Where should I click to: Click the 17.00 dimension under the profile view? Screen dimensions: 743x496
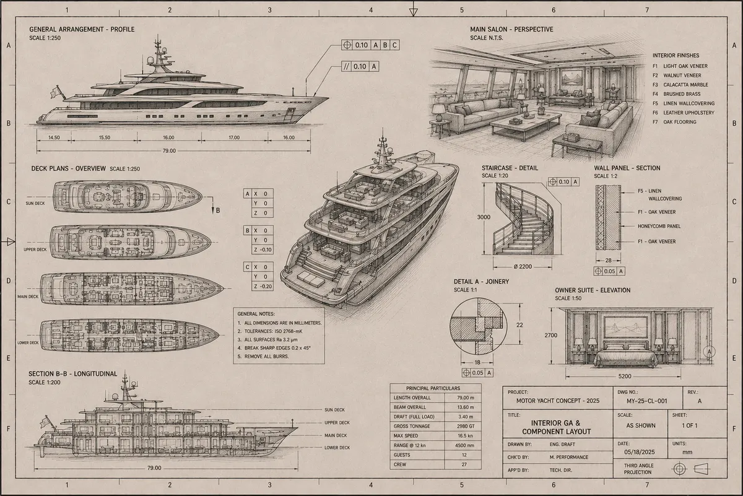[x=234, y=137]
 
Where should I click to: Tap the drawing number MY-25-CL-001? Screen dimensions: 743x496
[x=647, y=401]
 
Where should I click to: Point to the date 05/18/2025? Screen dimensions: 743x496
[x=639, y=452]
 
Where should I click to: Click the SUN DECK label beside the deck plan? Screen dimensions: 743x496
[x=35, y=203]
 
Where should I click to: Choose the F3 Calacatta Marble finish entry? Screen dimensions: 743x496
[x=680, y=85]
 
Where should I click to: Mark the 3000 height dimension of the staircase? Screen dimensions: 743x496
[x=484, y=217]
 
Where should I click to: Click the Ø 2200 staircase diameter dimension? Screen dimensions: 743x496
[x=523, y=266]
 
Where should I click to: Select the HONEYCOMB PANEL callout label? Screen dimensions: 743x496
[x=659, y=226]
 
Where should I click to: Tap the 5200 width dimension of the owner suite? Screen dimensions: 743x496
[x=625, y=376]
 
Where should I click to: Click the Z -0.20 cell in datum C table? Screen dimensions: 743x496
[x=263, y=286]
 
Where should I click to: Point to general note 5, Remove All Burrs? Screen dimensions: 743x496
[x=263, y=356]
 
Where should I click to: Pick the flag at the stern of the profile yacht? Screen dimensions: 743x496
[x=56, y=92]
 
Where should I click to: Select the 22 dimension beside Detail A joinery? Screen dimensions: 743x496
[x=519, y=325]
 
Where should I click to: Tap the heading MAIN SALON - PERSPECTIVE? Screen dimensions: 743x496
[x=511, y=29]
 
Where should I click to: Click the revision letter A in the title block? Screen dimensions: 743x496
[x=700, y=401]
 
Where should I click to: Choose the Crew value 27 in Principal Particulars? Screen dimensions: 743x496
[x=464, y=464]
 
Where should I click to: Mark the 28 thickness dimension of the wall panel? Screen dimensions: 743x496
[x=608, y=261]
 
